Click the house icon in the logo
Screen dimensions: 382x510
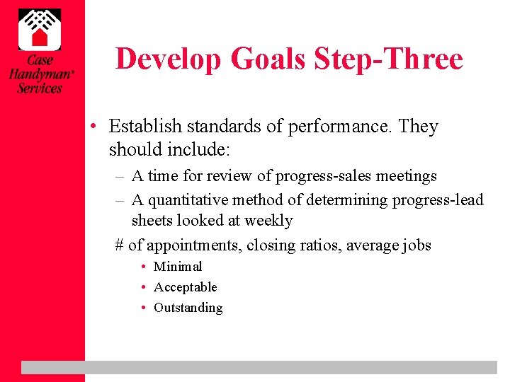(39, 29)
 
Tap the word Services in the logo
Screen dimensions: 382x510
(40, 88)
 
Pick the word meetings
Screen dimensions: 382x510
(407, 176)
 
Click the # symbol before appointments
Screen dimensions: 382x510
(120, 245)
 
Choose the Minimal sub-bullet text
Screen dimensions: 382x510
(178, 267)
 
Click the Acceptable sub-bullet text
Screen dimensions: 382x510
(186, 287)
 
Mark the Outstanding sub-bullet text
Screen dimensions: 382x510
(188, 308)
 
